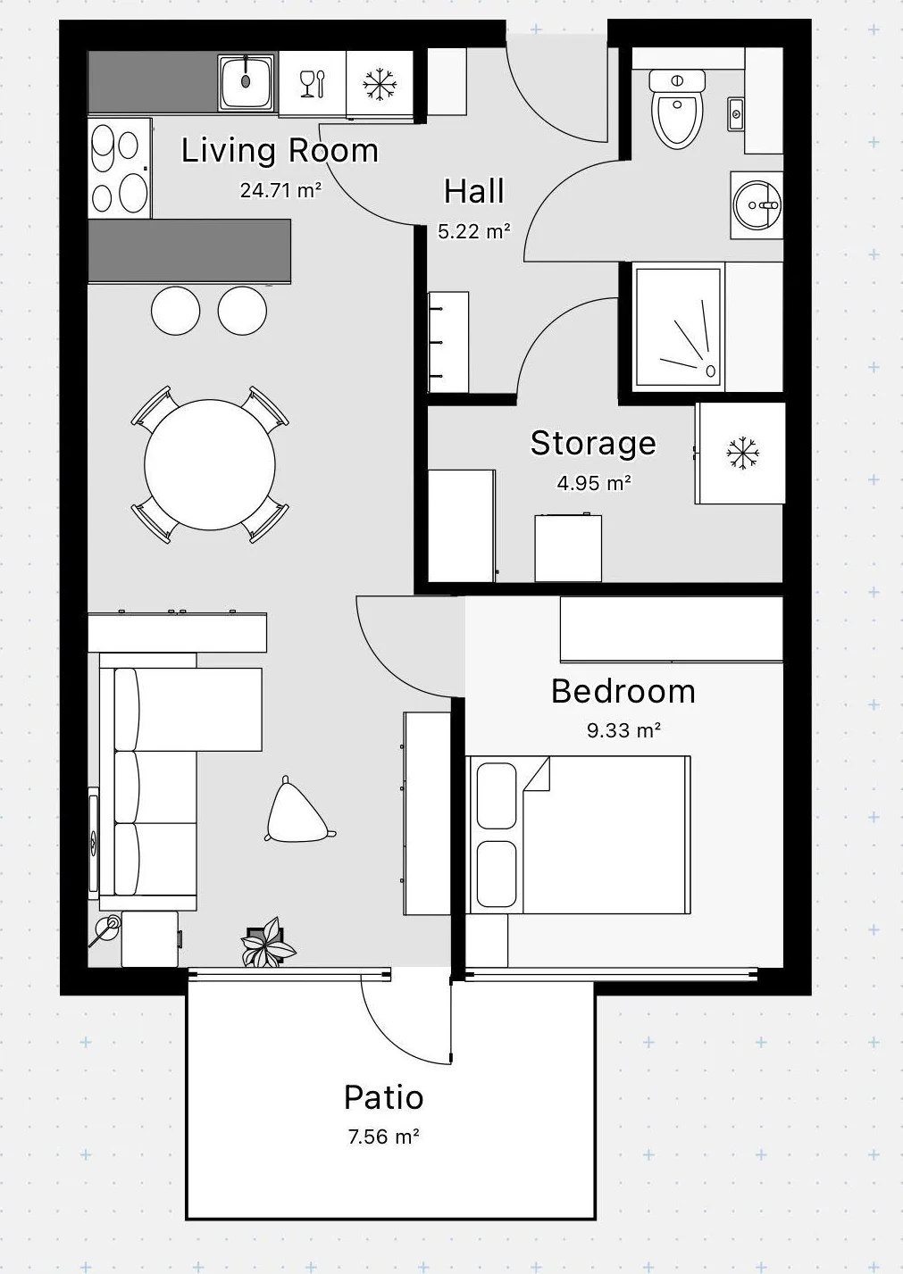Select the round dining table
pyautogui.click(x=210, y=464)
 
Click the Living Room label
pyautogui.click(x=280, y=150)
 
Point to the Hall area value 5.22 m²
pyautogui.click(x=473, y=231)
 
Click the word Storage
pyautogui.click(x=593, y=443)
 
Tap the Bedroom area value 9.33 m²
pyautogui.click(x=623, y=730)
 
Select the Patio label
pyautogui.click(x=384, y=1097)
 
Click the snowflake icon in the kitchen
pyautogui.click(x=380, y=85)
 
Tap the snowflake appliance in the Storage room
pyautogui.click(x=741, y=453)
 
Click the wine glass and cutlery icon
pyautogui.click(x=312, y=84)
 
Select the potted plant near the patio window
pyautogui.click(x=268, y=943)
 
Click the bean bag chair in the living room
pyautogui.click(x=297, y=812)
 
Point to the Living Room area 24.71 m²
pyautogui.click(x=280, y=190)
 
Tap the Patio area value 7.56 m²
pyautogui.click(x=384, y=1137)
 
